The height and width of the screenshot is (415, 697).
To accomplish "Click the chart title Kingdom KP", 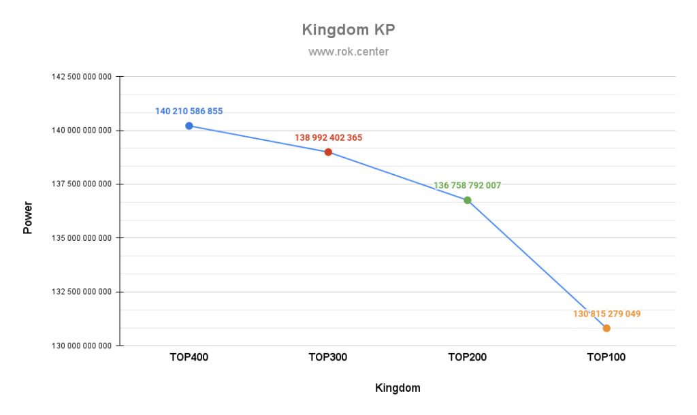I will [348, 31].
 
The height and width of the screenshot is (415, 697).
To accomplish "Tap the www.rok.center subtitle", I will [348, 52].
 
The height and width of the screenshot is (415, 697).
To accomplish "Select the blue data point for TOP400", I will [189, 126].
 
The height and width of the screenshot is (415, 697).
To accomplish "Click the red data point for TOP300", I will [328, 152].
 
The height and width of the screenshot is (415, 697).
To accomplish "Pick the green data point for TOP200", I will [468, 200].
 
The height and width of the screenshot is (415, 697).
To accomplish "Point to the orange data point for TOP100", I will [606, 329].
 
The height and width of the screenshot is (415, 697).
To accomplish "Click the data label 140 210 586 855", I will [189, 111].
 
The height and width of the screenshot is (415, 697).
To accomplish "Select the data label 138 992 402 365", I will [328, 137].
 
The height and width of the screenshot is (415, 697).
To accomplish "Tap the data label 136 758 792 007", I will [468, 185].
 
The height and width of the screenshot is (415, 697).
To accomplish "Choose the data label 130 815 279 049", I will [606, 314].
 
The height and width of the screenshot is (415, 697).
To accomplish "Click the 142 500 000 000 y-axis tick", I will [82, 77].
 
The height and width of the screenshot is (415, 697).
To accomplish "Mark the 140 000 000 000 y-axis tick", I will [82, 131].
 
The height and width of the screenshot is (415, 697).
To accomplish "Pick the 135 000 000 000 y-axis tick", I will [82, 238].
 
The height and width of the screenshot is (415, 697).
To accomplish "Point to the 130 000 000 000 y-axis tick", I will [82, 346].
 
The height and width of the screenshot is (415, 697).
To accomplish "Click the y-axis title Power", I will [28, 217].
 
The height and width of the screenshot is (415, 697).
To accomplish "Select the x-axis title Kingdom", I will [398, 388].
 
